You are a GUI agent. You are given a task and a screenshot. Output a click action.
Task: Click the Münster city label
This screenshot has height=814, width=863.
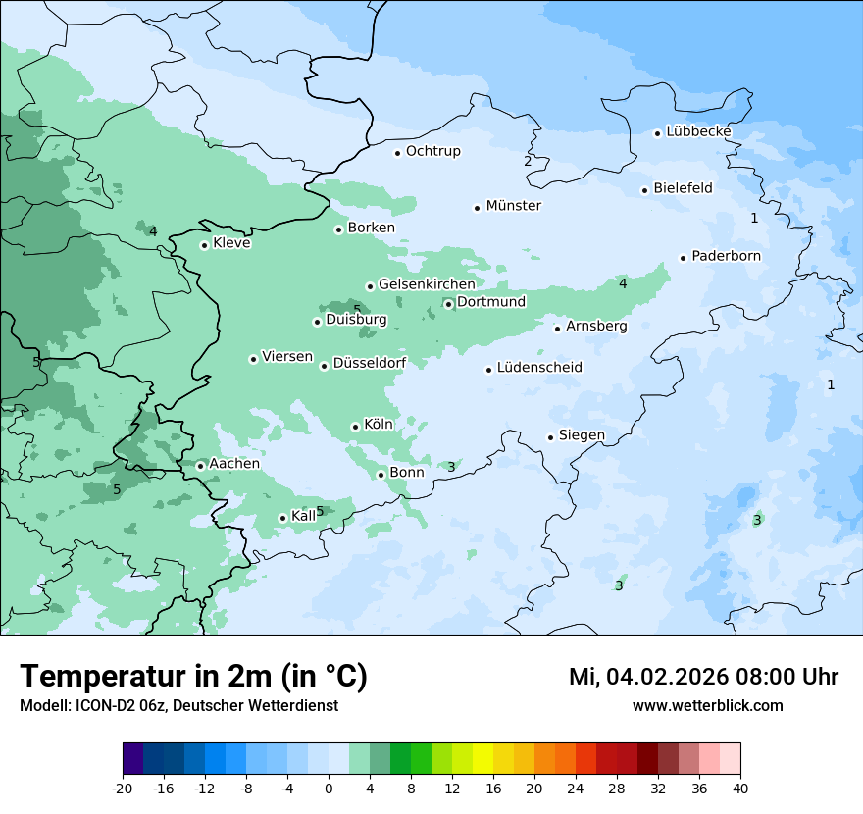point(513,206)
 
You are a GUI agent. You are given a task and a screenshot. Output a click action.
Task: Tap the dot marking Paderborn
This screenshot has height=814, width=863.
point(683,258)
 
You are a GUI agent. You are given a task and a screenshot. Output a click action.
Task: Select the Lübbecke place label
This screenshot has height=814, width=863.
point(698,131)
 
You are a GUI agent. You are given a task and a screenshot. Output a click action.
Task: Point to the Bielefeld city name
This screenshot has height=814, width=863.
point(683,187)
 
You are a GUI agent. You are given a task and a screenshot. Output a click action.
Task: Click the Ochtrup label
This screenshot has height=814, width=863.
point(432,151)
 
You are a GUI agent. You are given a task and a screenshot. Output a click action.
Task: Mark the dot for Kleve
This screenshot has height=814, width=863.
point(204,245)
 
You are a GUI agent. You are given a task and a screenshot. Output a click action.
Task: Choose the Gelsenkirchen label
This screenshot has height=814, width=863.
point(427,284)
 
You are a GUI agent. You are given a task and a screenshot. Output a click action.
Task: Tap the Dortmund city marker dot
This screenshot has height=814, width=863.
point(448,304)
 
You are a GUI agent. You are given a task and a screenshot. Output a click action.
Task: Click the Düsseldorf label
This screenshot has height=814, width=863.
point(370,363)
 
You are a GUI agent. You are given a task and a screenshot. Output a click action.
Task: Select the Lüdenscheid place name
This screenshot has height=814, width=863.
point(539,368)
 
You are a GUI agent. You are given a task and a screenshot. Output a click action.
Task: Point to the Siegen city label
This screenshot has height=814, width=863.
point(582,435)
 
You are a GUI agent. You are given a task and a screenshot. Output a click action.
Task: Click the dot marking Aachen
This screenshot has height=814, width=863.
point(200,466)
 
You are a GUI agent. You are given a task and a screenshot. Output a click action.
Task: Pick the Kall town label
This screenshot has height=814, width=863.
point(304,516)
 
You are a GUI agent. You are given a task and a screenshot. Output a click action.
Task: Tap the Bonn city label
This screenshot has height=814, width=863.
point(407,472)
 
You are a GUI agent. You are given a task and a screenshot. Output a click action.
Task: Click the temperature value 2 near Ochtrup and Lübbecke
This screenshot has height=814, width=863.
point(528,161)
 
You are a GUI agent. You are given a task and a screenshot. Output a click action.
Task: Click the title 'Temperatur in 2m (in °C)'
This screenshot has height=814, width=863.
point(193,676)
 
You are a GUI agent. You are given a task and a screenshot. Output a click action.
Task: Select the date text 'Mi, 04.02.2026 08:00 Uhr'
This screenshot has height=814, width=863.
point(703,677)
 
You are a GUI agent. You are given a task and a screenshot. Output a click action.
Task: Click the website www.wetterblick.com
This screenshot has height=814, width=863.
point(707,705)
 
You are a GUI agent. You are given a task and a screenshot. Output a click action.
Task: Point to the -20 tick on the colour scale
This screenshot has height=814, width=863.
point(123,788)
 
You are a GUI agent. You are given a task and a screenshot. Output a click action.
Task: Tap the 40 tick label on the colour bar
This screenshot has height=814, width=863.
point(740,788)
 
